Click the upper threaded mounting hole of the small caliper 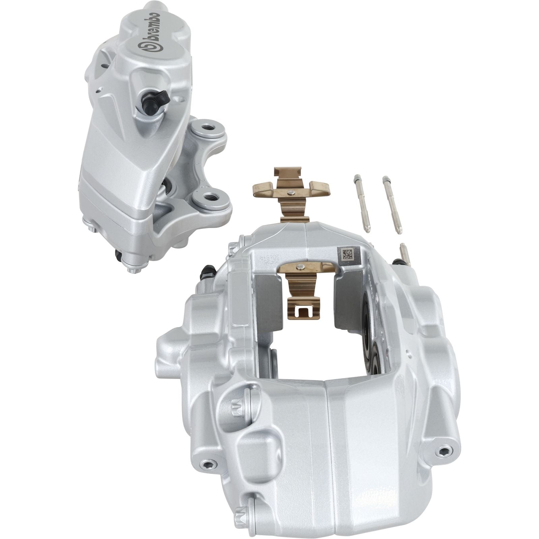(208, 128)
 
